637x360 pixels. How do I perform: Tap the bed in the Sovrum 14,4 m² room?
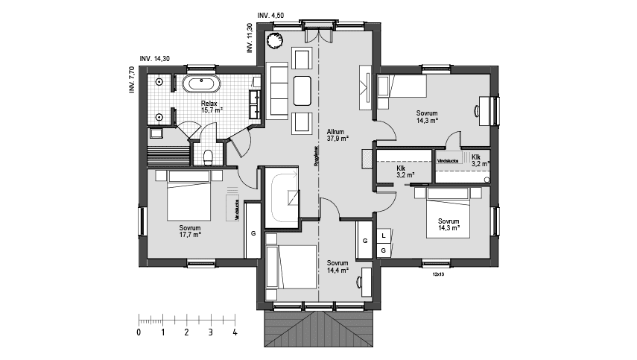[x=294, y=265]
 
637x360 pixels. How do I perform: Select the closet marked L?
[x=383, y=236]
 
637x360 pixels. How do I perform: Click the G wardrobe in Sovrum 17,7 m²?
[x=253, y=233]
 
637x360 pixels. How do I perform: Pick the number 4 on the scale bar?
[x=235, y=332]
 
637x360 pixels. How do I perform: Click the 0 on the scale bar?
[x=139, y=332]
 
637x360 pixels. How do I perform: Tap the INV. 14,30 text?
[x=154, y=58]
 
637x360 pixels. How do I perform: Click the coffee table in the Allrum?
[x=304, y=91]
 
